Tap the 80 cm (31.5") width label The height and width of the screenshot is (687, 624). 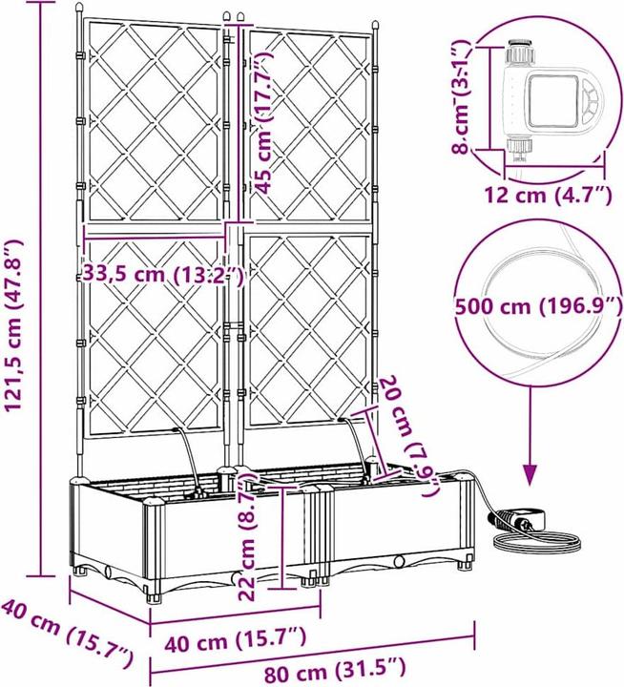coord(335,671)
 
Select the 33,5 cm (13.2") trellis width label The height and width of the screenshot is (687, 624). coord(163,275)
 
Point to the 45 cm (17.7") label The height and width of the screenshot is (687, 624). coord(263,123)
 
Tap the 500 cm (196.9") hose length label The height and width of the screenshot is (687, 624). coord(538,306)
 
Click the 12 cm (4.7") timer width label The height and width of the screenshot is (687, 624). coord(548,195)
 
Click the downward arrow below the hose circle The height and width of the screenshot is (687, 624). coord(530,435)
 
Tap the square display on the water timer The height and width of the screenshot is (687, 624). coord(554,101)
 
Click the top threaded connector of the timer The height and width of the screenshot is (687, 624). coord(521,52)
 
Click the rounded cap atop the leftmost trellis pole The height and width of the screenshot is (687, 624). coord(78,9)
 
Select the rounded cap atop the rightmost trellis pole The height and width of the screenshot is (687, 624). coord(375,25)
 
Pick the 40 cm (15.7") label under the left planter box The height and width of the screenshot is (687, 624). coord(236,639)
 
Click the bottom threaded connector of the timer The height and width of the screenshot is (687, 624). coord(520,147)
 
